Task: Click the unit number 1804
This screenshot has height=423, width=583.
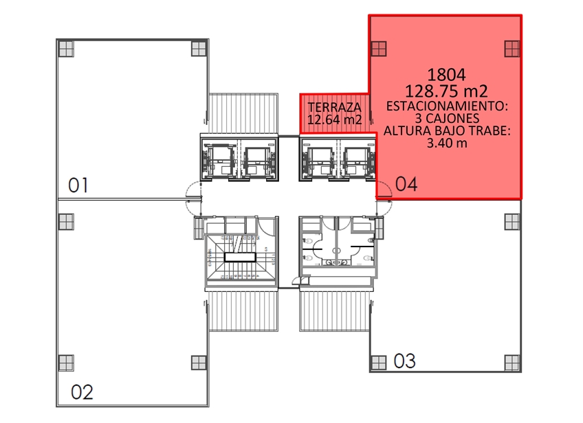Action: click(446, 75)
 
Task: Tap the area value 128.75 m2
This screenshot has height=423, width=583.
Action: click(446, 91)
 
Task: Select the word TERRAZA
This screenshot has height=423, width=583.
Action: click(335, 107)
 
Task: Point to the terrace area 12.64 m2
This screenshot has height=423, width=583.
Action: click(335, 119)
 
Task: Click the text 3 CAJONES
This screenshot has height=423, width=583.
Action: click(447, 119)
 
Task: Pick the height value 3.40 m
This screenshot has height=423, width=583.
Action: click(447, 143)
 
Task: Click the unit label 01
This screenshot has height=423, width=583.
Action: click(78, 185)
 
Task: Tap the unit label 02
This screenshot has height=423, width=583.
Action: click(82, 392)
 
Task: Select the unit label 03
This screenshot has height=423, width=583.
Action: click(404, 361)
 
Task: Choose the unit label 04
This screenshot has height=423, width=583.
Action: click(406, 184)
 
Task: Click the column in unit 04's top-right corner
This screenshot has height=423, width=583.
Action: click(512, 49)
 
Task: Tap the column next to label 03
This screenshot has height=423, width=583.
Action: click(379, 363)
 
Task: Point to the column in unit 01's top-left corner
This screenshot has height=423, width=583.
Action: click(66, 49)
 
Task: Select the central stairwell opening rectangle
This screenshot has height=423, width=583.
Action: click(240, 257)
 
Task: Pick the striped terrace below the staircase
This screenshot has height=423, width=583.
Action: click(243, 311)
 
